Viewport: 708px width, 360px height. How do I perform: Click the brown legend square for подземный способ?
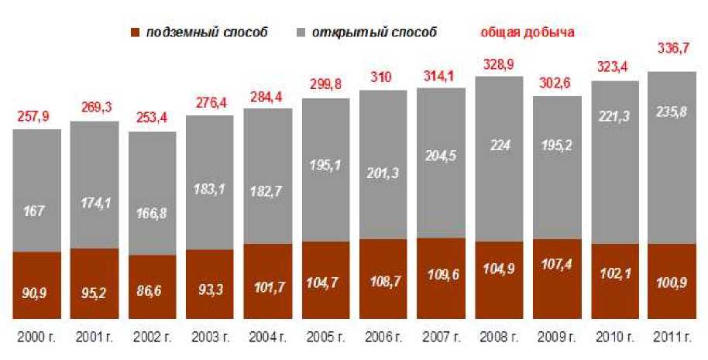(135, 33)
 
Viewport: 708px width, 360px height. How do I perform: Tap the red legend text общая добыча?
(527, 33)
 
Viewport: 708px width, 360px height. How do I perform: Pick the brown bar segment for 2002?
(153, 286)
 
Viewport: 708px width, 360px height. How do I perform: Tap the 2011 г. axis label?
(672, 338)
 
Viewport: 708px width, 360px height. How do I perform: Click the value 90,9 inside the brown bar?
(36, 294)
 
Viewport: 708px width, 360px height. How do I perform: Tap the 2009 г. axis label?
(557, 338)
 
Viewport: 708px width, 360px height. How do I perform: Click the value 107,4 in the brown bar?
(557, 276)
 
